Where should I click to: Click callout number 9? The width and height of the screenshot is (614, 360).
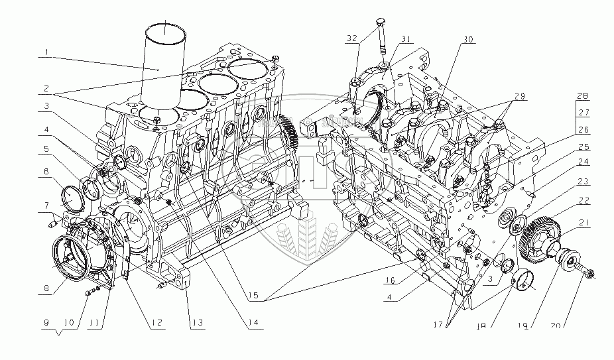pyautogui.click(x=46, y=323)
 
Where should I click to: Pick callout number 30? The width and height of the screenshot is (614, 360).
pyautogui.click(x=469, y=40)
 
